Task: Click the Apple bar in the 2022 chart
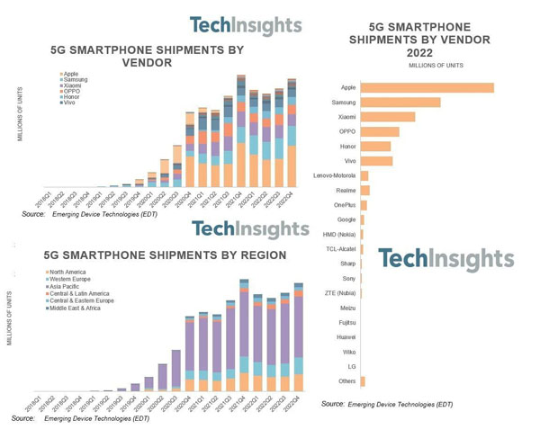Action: pos(427,87)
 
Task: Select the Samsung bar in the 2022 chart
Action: pos(400,103)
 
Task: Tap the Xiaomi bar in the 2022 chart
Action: pos(387,117)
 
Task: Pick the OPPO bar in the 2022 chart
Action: pos(379,131)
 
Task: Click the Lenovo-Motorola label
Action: pos(333,175)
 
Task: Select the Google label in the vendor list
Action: pos(346,219)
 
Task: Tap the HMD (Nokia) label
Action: pos(337,234)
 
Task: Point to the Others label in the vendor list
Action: pos(346,381)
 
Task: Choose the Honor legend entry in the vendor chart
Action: pos(74,98)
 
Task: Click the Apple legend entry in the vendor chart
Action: pos(73,73)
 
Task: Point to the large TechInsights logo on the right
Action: pos(446,260)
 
